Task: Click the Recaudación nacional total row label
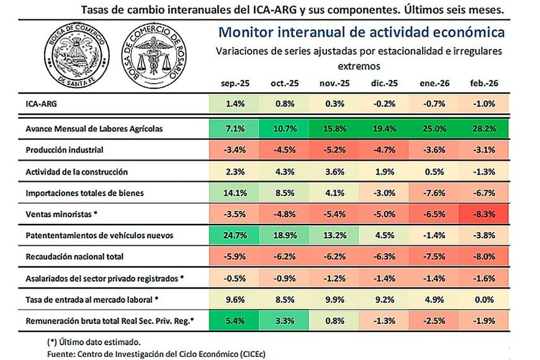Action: coord(75,256)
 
